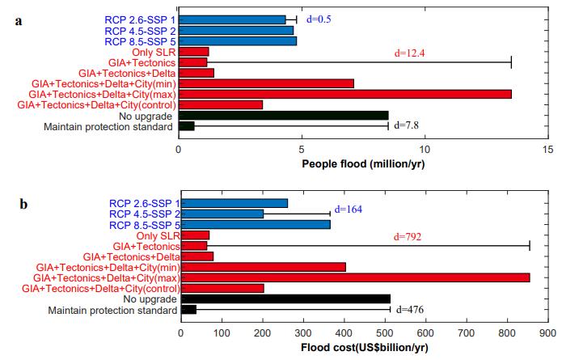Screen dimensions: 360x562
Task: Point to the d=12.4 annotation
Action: point(408,53)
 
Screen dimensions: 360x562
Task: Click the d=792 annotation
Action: point(409,237)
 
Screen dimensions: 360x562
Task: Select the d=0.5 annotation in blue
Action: point(320,18)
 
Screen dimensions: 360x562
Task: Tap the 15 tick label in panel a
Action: point(547,149)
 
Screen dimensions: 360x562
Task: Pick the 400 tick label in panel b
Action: point(344,332)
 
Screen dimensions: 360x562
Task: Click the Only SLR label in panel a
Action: point(152,52)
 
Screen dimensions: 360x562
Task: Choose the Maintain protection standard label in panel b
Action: point(112,310)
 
